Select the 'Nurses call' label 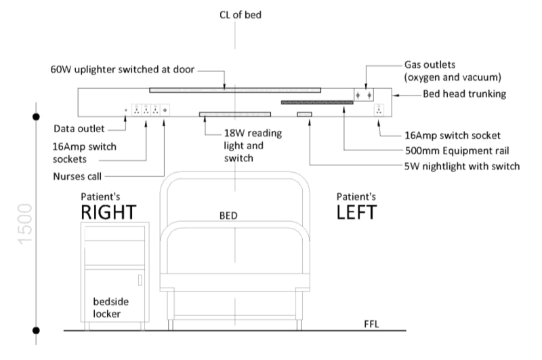tap(77, 176)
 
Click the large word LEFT tap(357, 212)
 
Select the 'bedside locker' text tap(107, 308)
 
